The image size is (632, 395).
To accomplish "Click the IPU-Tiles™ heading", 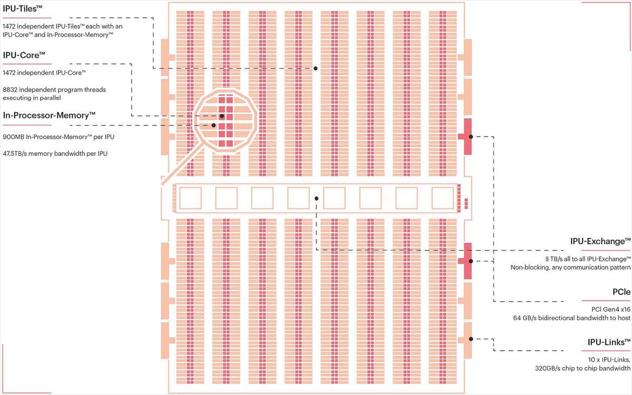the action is (23, 9).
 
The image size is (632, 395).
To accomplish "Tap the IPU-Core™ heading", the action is (24, 55).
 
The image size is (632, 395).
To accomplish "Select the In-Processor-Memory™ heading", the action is (49, 115).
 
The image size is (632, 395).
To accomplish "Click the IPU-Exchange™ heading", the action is (600, 242).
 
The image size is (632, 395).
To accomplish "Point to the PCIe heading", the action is (621, 292).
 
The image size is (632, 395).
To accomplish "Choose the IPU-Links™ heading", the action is (609, 342).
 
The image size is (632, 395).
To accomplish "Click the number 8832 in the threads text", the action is (10, 90).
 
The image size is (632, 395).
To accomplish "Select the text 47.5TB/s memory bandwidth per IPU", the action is (55, 153).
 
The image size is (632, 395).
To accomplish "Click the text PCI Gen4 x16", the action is (611, 310).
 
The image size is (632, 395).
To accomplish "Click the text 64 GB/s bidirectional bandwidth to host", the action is (571, 318).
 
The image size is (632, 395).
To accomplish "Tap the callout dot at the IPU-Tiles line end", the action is (315, 69).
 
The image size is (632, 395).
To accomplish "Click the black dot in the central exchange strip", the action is (317, 199).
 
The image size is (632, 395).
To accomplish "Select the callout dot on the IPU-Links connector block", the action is (471, 339).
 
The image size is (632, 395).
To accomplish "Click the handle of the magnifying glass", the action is (183, 165).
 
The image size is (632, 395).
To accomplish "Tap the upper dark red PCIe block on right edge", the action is (467, 137).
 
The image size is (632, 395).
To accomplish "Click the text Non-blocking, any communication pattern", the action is (570, 267).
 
